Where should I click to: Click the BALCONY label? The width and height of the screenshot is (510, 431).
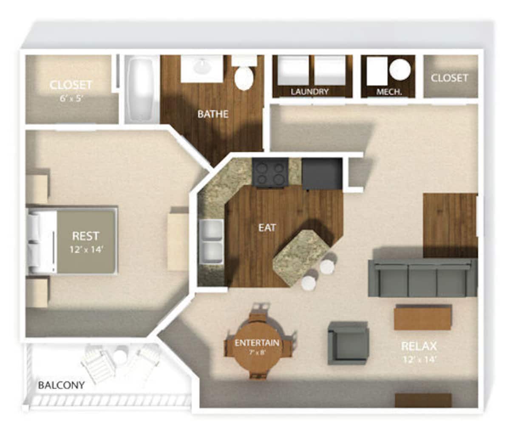(x=61, y=386)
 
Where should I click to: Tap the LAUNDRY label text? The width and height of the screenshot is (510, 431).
(x=310, y=92)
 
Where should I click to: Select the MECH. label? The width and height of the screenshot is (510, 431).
(x=389, y=92)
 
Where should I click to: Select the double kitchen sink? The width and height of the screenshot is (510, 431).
(x=211, y=241)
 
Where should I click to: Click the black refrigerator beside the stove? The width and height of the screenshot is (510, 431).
(x=322, y=173)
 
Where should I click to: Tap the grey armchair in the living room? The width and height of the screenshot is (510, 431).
(x=348, y=343)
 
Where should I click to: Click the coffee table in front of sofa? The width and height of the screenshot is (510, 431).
(x=422, y=317)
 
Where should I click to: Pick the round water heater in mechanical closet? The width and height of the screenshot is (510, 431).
(x=400, y=69)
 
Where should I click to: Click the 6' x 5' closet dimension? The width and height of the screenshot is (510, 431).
(x=71, y=97)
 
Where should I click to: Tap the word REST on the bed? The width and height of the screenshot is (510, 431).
(x=85, y=236)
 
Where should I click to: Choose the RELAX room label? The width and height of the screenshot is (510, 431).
(x=419, y=346)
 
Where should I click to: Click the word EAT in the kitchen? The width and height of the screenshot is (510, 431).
(x=267, y=228)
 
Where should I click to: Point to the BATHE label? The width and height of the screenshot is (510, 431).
(x=213, y=114)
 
